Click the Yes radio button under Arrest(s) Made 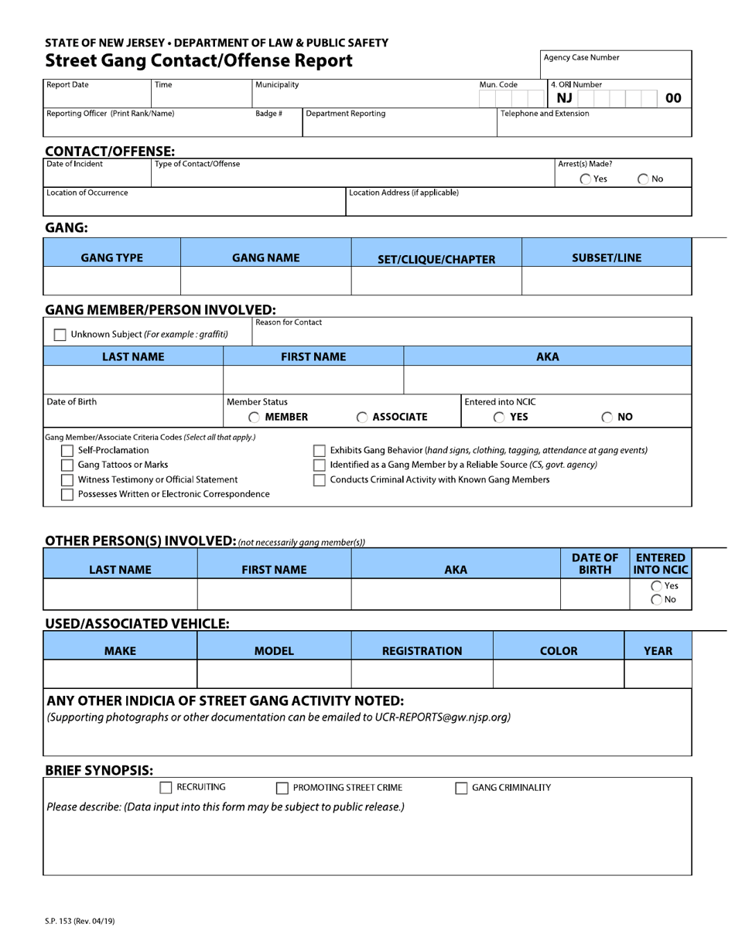(586, 179)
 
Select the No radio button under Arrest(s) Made (643, 179)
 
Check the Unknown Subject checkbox (60, 335)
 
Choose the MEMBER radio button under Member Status (255, 418)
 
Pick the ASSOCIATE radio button (362, 418)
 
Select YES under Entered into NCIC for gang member (499, 418)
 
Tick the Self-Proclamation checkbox (67, 451)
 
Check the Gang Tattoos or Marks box (67, 465)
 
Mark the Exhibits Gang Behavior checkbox (319, 451)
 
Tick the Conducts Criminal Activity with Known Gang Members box (319, 480)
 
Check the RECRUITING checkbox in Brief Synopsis (166, 788)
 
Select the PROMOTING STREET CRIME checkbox (282, 789)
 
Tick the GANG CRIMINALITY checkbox (461, 789)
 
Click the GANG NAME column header (265, 258)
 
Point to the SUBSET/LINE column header (606, 258)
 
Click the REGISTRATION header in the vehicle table (422, 651)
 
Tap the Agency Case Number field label (581, 58)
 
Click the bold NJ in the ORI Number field (564, 98)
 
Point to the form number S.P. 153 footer (80, 921)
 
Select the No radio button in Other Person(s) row (657, 599)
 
